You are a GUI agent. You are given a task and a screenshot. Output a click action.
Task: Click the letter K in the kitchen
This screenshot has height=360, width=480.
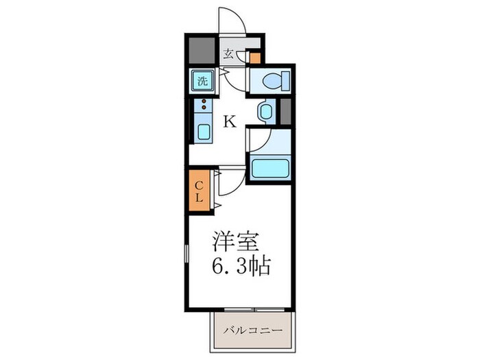coord(230,122)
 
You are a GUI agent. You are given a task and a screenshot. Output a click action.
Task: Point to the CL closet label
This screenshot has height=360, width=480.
coord(198,190)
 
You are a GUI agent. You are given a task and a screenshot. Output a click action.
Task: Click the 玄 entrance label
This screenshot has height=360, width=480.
coord(228,53)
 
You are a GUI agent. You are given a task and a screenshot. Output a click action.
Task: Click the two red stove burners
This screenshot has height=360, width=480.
coord(204,105)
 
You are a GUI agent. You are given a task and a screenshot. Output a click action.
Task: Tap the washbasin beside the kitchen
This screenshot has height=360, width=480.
coord(266,112)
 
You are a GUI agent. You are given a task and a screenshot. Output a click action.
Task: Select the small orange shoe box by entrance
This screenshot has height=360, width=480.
coord(255,57)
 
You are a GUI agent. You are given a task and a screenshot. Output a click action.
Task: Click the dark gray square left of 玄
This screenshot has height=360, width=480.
coord(201,50)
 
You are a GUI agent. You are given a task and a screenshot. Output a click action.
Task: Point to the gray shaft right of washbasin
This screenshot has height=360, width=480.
coord(286,111)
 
